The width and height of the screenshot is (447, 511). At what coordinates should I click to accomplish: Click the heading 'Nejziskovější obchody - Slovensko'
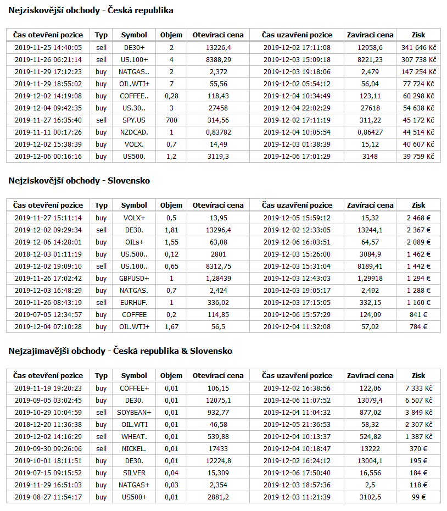click(79, 181)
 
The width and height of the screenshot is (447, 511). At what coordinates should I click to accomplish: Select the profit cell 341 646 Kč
click(418, 48)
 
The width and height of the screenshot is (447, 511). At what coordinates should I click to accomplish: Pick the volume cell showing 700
click(171, 120)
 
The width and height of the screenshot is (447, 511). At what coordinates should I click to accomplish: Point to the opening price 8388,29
click(218, 60)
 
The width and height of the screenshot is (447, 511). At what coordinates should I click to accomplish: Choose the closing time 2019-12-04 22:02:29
click(297, 108)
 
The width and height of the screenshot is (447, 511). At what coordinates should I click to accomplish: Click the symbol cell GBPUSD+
click(134, 279)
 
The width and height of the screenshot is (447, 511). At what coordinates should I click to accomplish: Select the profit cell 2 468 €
click(418, 218)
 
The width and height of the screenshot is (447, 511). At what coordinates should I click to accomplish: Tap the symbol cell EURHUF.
click(134, 303)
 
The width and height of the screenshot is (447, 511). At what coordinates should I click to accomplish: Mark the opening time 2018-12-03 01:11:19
click(48, 254)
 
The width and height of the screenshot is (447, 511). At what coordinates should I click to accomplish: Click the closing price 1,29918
click(371, 279)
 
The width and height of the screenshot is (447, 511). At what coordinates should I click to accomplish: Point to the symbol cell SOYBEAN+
click(134, 413)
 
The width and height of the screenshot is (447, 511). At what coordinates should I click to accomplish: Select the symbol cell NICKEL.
click(134, 449)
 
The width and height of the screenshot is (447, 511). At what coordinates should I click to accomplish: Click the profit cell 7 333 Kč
click(418, 388)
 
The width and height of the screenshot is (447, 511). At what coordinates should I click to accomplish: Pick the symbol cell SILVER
click(134, 473)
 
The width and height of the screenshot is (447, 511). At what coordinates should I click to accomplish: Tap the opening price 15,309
click(218, 473)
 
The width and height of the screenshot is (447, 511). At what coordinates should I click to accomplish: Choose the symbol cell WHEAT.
click(134, 437)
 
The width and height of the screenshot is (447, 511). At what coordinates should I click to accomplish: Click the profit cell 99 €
click(418, 497)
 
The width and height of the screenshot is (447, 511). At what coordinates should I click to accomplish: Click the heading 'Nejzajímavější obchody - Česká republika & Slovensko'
click(120, 351)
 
